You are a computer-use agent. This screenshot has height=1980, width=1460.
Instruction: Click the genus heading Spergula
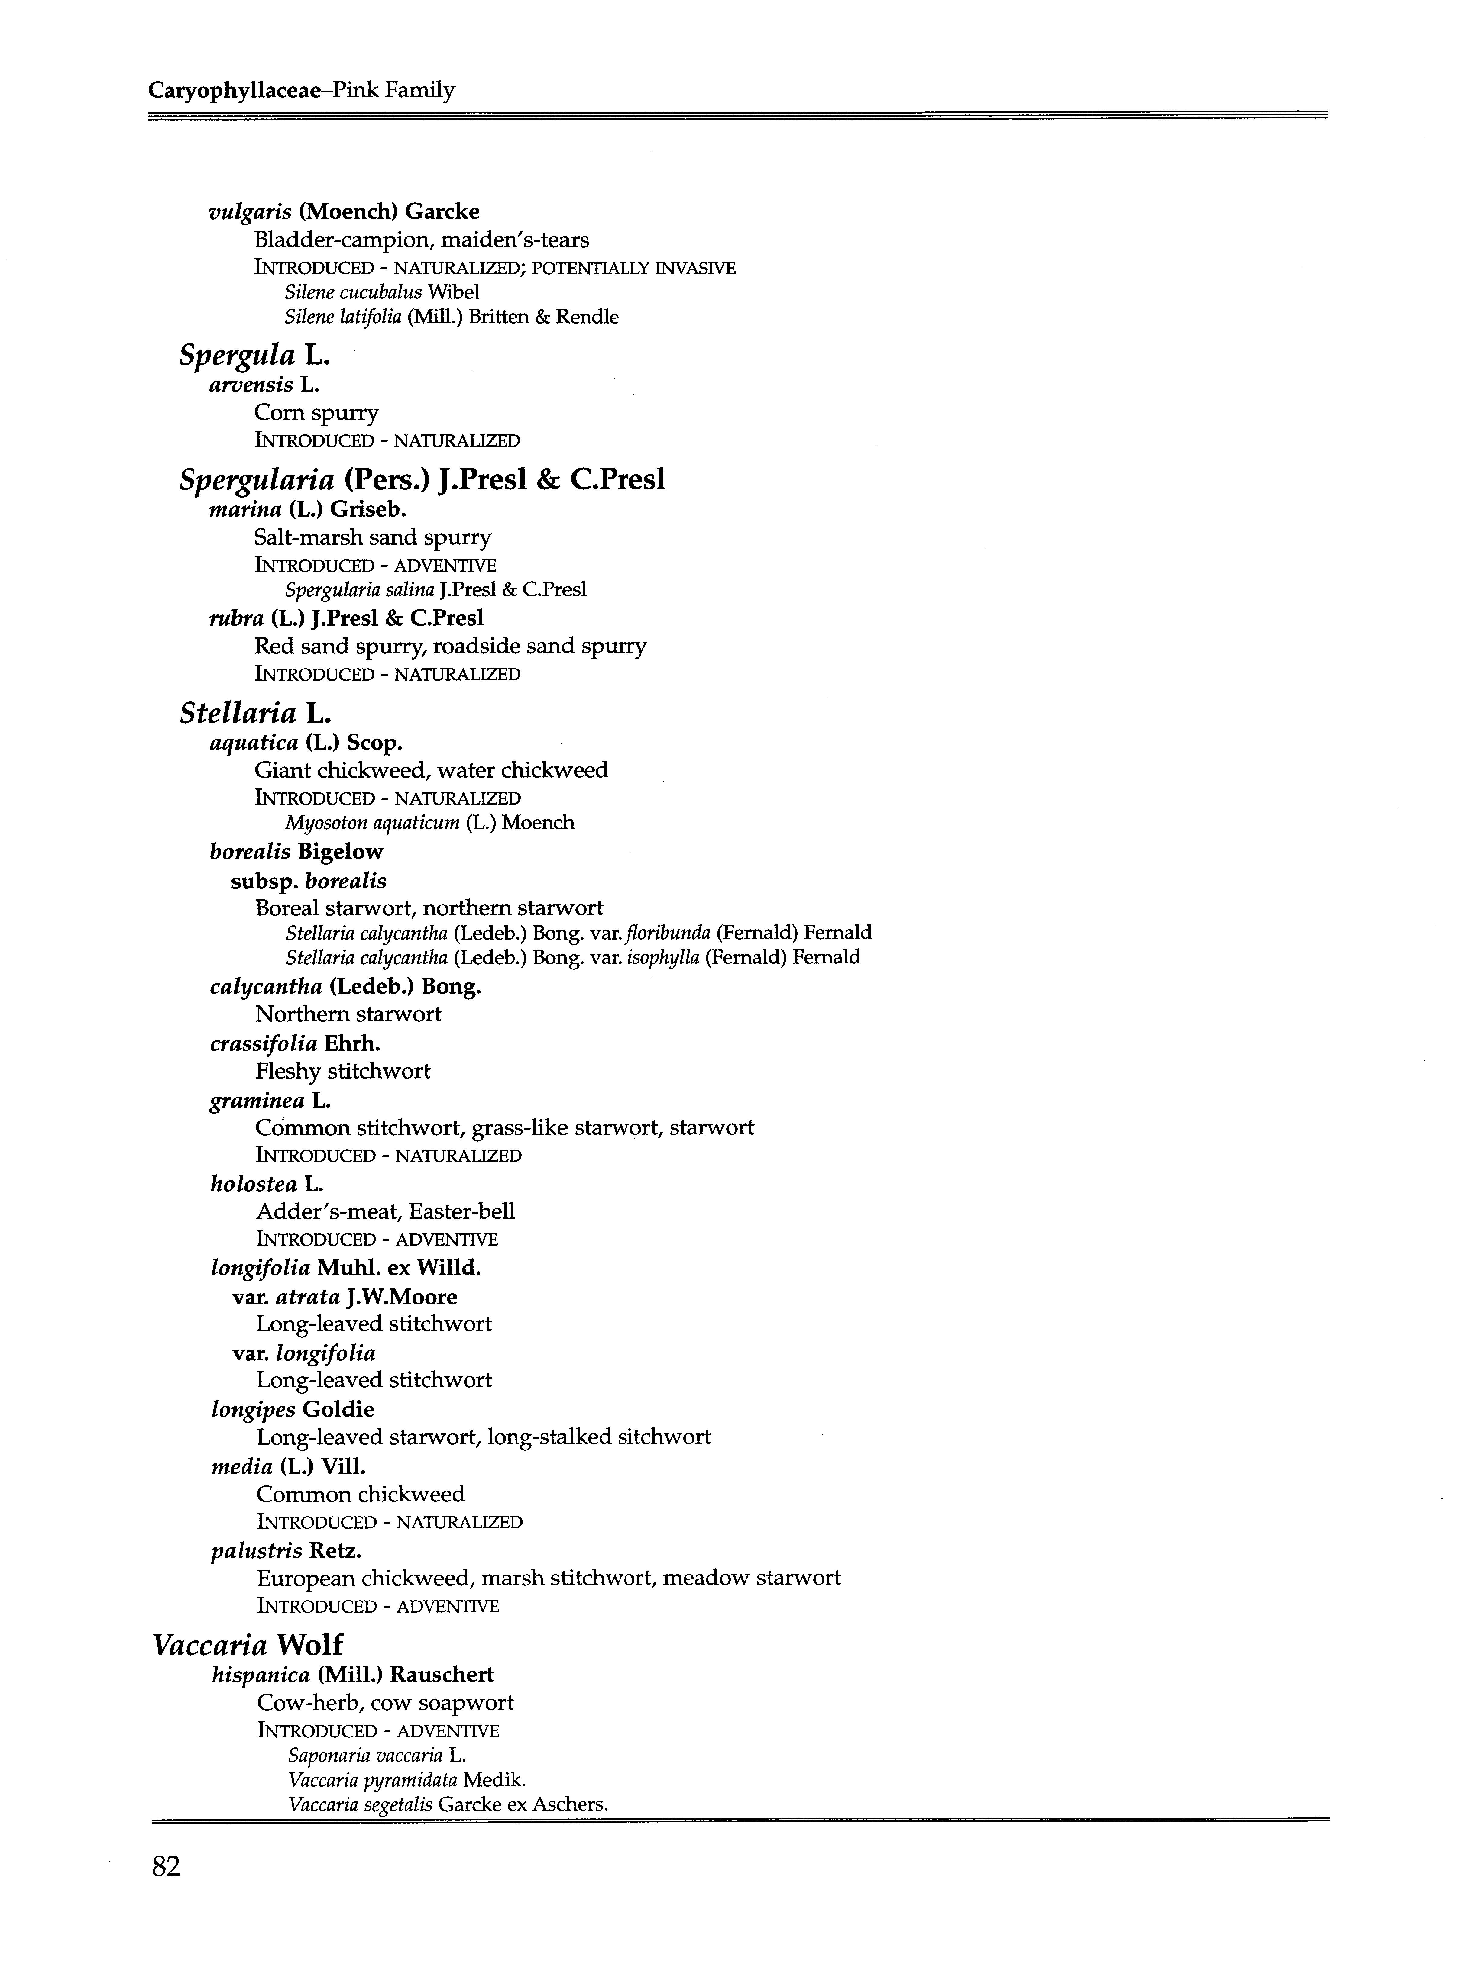click(x=237, y=355)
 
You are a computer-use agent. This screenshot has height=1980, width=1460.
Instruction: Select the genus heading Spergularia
click(x=256, y=480)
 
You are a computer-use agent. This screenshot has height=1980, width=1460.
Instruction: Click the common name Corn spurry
click(x=316, y=413)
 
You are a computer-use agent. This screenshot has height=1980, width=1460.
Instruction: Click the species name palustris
click(x=256, y=1551)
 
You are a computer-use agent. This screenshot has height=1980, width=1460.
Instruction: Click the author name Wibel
click(x=453, y=292)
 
